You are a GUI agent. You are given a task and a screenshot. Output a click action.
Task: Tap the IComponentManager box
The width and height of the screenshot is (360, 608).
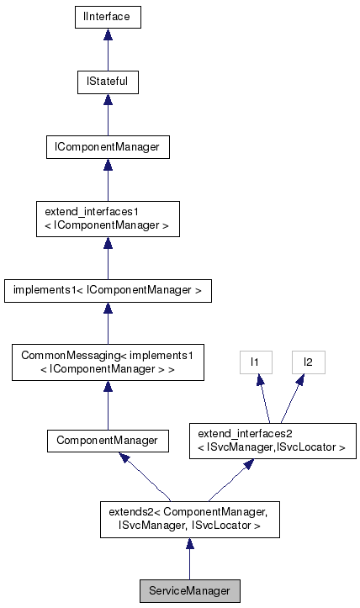click(x=107, y=148)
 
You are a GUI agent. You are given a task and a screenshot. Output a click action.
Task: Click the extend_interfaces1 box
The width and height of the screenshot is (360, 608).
click(x=107, y=219)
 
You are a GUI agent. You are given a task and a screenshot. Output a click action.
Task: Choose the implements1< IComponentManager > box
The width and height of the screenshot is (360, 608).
click(x=107, y=291)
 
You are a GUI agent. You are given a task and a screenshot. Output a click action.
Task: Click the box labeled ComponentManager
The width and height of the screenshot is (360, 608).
click(x=107, y=439)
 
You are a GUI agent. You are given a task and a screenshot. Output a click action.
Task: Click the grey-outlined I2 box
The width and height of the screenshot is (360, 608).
click(x=307, y=362)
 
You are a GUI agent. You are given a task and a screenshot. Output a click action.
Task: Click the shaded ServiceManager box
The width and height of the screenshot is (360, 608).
click(x=188, y=591)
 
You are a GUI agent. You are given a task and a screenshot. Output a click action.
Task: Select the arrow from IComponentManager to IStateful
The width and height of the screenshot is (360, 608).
click(x=107, y=116)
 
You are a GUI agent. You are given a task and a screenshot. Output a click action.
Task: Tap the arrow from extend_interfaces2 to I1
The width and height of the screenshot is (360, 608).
click(x=263, y=399)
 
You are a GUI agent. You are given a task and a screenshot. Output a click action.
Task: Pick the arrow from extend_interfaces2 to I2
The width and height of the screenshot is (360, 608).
click(x=291, y=399)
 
